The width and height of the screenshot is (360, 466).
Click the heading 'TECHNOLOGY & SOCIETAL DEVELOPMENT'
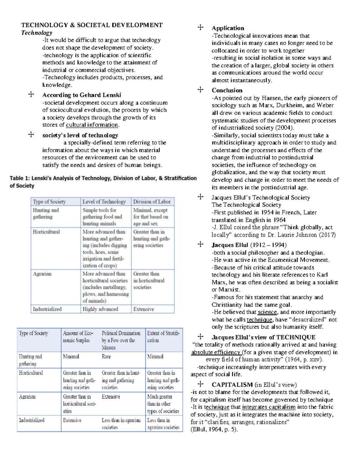(92, 25)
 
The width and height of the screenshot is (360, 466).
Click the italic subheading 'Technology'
(37, 33)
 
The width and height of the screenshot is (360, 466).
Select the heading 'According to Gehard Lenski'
(82, 95)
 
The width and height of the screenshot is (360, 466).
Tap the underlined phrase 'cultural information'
(92, 125)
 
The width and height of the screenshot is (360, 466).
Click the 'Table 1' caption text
(103, 182)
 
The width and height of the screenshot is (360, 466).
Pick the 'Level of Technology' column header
(104, 202)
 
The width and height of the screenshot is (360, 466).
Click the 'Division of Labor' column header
(152, 202)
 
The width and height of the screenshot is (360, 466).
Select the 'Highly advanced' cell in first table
(100, 309)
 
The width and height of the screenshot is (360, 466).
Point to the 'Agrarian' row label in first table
(42, 274)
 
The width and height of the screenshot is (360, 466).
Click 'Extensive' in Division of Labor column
(143, 309)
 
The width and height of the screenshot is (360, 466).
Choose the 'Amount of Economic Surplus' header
(78, 337)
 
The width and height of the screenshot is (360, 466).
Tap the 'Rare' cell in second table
(106, 356)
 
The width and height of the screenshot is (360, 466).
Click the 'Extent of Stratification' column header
(163, 337)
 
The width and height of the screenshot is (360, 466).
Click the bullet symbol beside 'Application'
(200, 28)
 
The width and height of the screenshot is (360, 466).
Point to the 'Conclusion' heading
(227, 90)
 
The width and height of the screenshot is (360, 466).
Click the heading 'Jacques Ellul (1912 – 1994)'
(249, 245)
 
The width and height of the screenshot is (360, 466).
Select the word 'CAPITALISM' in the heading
(232, 385)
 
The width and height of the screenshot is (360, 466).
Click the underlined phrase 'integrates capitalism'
(268, 407)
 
